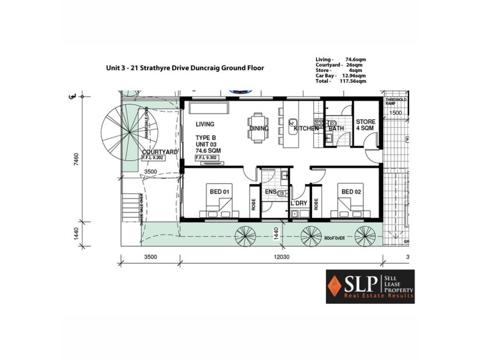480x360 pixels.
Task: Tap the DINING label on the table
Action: pos(259,128)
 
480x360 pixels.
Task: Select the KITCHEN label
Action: pos(306,128)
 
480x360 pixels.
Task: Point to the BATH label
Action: pos(336,128)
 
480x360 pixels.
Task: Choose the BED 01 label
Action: pos(218,191)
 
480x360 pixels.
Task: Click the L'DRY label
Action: pos(299,203)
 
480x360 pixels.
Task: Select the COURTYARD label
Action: pos(159,152)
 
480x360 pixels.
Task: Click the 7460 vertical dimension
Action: pos(76,163)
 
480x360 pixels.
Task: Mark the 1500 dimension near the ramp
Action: pos(395,112)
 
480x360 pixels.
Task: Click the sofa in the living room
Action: pos(208,107)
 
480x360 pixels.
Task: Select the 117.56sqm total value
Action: pos(353,81)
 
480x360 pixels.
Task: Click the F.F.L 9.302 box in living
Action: pos(206,157)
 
